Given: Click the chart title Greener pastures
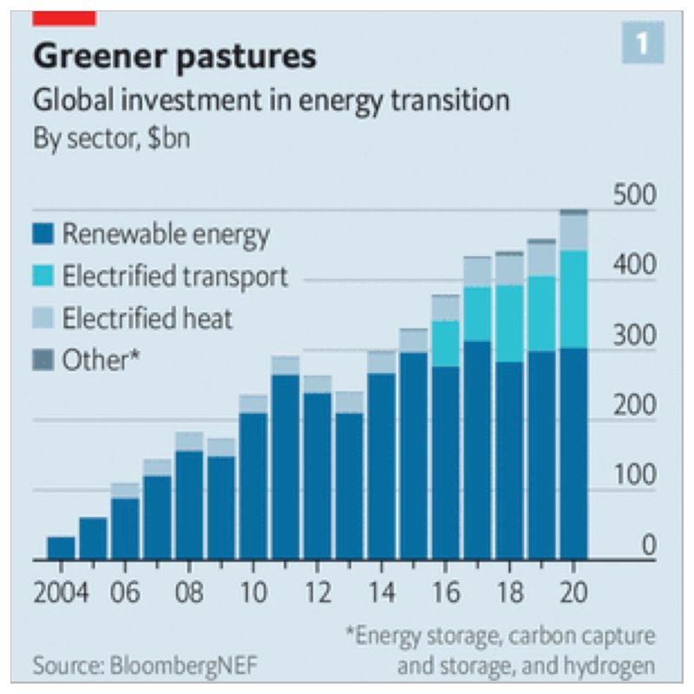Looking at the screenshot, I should pos(174,57).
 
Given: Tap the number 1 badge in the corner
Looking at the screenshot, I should pos(642,43).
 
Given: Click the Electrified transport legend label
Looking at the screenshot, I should pos(174,277).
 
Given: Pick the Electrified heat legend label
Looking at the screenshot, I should pos(147,318).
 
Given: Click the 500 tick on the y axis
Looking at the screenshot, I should pos(635,196).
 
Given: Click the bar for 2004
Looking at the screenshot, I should pos(61,548).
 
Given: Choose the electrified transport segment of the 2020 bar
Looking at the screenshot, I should pos(573,299).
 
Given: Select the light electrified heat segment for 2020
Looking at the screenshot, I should pos(573,232).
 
